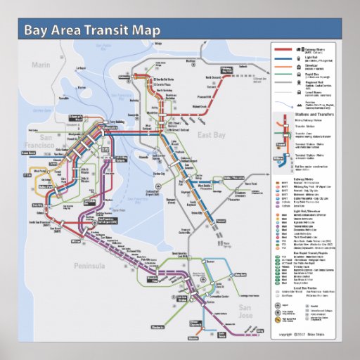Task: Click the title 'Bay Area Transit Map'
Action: (91, 31)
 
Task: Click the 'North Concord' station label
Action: (212, 77)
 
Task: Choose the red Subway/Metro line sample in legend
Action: (283, 51)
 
